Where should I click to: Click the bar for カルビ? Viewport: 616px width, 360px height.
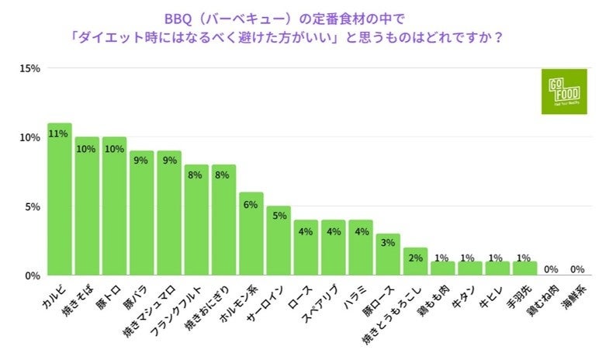[x=60, y=199]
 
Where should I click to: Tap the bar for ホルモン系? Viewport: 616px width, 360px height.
[x=251, y=234]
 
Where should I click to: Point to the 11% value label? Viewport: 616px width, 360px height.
[x=57, y=133]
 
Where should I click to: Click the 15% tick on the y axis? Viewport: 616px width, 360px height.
[x=29, y=69]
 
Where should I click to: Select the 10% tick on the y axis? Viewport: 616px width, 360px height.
[x=29, y=138]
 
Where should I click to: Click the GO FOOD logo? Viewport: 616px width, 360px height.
[x=565, y=92]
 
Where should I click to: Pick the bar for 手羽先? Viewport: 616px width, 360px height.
[x=524, y=268]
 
